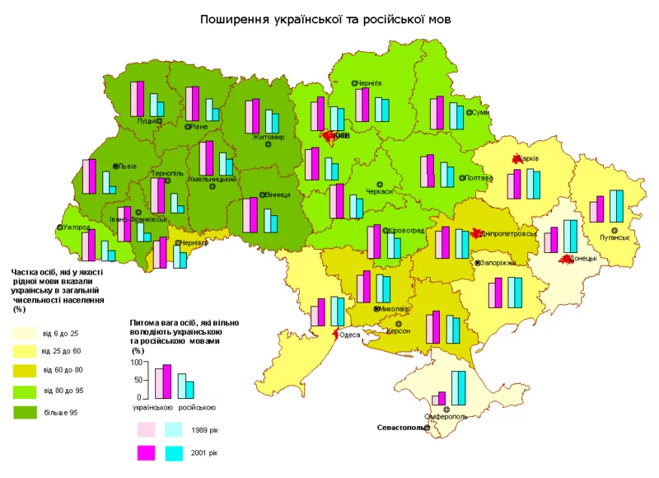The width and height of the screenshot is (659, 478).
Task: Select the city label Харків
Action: tap(528, 158)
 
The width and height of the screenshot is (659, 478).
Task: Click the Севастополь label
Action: tap(402, 428)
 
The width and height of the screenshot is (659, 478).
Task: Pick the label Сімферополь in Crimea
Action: tap(446, 417)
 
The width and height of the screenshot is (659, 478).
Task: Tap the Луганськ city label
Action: tap(615, 237)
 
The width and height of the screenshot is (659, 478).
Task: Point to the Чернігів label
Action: tap(369, 83)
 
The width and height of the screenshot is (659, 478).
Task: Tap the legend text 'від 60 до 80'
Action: tap(62, 371)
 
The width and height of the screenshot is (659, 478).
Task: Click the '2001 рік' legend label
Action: tap(203, 452)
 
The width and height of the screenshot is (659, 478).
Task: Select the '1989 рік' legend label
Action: tap(203, 430)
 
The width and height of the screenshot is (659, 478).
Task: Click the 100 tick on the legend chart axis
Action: tap(138, 363)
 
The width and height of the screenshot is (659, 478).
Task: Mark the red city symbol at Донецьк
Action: tap(567, 260)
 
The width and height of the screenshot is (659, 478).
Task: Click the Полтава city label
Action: tap(479, 177)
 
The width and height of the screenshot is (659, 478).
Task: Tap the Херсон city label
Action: tap(399, 330)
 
